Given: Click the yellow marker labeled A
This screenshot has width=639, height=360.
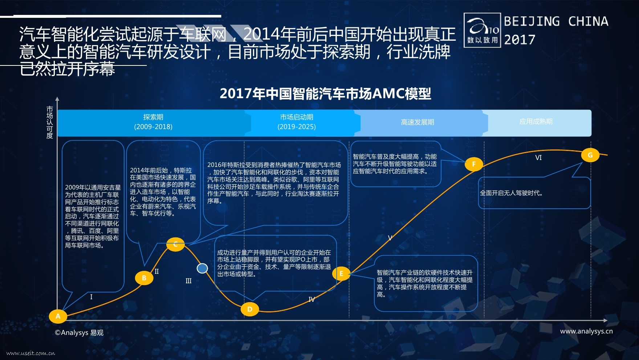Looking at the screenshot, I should coord(58,316).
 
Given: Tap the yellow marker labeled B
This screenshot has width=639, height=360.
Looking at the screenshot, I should coord(144,278).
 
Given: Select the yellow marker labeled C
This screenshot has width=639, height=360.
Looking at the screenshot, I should coord(175,244).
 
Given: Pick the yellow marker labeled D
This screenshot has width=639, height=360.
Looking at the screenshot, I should coord(250,309).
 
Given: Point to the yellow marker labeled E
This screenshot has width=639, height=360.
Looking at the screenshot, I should coord(341,273).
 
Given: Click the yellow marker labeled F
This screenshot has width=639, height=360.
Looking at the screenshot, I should coord(473,164).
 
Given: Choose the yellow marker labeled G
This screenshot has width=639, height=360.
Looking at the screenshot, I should coord(590,155).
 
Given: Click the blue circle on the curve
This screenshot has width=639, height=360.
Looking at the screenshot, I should coord(202,268).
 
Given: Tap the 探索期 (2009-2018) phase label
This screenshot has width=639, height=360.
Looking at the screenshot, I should coord(153,122).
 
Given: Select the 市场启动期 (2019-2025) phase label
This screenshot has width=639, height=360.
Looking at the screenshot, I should coord(297,122).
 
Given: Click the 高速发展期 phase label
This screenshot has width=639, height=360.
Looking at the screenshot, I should coord(418,122).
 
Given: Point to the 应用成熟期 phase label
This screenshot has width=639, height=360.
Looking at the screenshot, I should coord(536,121).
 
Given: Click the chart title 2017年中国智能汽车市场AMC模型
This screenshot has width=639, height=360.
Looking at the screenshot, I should coord(325,94).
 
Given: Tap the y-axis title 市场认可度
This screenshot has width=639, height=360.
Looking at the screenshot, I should coord(50,122).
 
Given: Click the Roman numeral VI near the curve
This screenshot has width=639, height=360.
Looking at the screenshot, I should coord(538,157).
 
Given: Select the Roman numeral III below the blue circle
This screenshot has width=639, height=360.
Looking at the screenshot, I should coord(188,281).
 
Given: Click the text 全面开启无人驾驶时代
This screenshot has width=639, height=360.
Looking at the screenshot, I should coord(511,193).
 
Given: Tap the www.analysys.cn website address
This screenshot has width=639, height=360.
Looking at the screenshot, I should coord(586,331).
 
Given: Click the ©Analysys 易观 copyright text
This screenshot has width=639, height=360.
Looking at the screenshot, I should coord(79,333).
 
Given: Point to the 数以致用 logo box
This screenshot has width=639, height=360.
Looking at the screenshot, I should coord(482,30).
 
